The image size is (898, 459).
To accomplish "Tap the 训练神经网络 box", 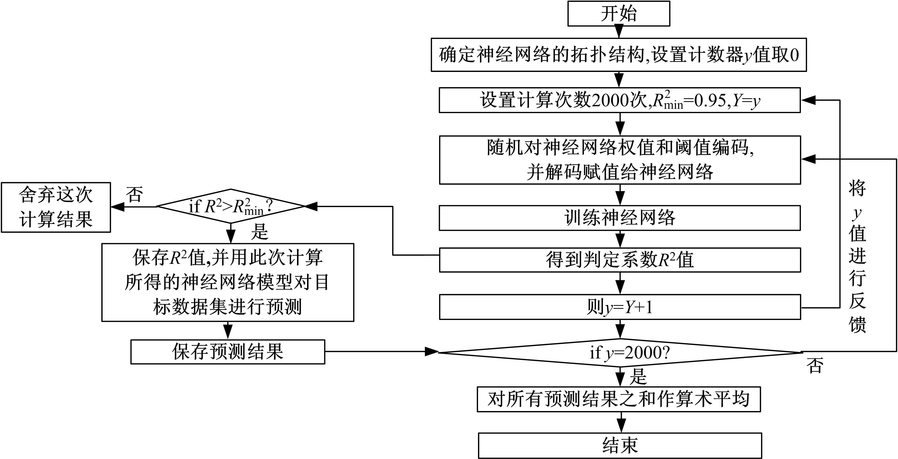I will (619, 218).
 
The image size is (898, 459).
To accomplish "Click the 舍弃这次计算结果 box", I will (56, 207).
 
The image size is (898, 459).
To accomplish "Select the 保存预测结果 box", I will (228, 352).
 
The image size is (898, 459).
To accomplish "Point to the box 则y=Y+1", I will (619, 307).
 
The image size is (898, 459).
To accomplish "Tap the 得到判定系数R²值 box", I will (619, 260).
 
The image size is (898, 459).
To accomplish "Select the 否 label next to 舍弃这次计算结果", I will (134, 194).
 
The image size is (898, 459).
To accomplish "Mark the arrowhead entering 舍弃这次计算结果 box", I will (117, 207).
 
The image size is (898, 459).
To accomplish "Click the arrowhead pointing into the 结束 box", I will (621, 428).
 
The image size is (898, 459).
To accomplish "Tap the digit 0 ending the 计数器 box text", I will (795, 55).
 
